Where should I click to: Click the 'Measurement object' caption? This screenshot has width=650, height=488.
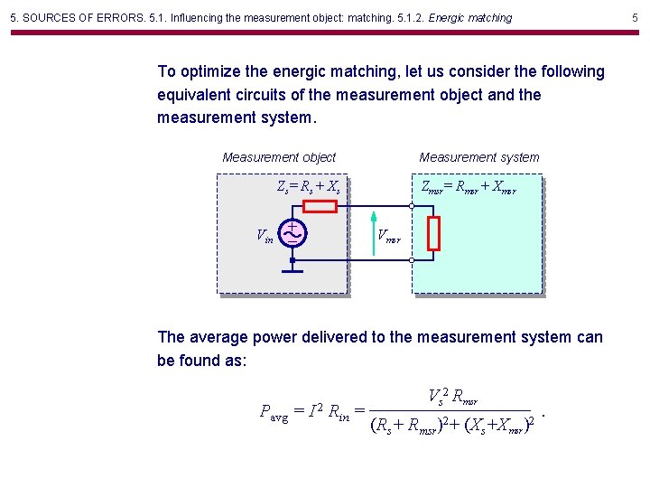[279, 157]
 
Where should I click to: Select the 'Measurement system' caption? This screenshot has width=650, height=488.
[479, 157]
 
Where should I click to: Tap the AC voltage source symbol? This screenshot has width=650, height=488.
[292, 233]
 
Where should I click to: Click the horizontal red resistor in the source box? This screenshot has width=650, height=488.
[320, 207]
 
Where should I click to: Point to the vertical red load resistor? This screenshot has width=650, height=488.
[433, 233]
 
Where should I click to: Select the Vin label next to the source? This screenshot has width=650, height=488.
[266, 237]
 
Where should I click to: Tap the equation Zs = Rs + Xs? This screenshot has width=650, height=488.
[308, 188]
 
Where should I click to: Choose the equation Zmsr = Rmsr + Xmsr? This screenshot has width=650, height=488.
[469, 187]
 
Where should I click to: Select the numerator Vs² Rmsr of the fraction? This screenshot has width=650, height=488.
[452, 395]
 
